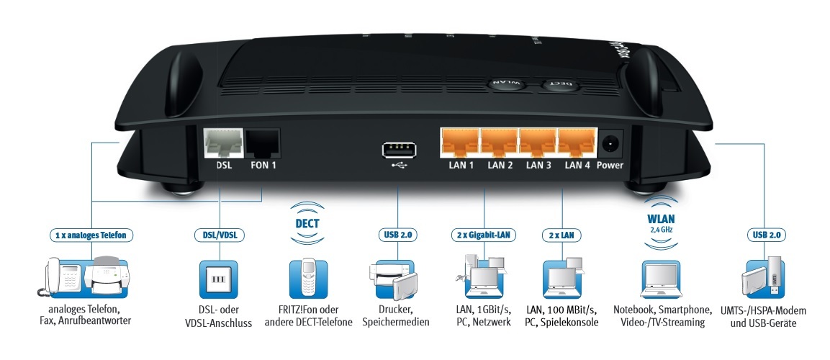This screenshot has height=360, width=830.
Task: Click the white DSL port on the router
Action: point(223,143)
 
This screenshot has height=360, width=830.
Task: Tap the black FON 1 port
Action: point(263,143)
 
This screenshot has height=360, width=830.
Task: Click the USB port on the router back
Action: point(397,150)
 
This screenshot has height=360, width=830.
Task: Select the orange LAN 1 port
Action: point(459,143)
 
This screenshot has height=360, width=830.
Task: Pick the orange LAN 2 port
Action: point(499,143)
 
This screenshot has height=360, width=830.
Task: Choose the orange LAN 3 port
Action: point(538,143)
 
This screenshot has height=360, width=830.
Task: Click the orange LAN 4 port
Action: point(577,143)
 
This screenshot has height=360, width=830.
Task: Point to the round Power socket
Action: point(610,143)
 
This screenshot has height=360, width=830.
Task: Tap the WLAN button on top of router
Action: point(506,84)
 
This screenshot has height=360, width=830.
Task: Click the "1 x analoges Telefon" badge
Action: point(91,235)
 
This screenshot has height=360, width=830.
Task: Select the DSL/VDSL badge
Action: point(219,235)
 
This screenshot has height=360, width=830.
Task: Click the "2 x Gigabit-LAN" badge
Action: point(484,235)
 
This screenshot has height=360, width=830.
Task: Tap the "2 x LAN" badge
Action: point(561,235)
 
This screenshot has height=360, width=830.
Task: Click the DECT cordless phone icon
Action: point(308,279)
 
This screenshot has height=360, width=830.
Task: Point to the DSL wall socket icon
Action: point(219,279)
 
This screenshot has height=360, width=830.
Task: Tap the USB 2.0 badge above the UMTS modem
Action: point(767,235)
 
